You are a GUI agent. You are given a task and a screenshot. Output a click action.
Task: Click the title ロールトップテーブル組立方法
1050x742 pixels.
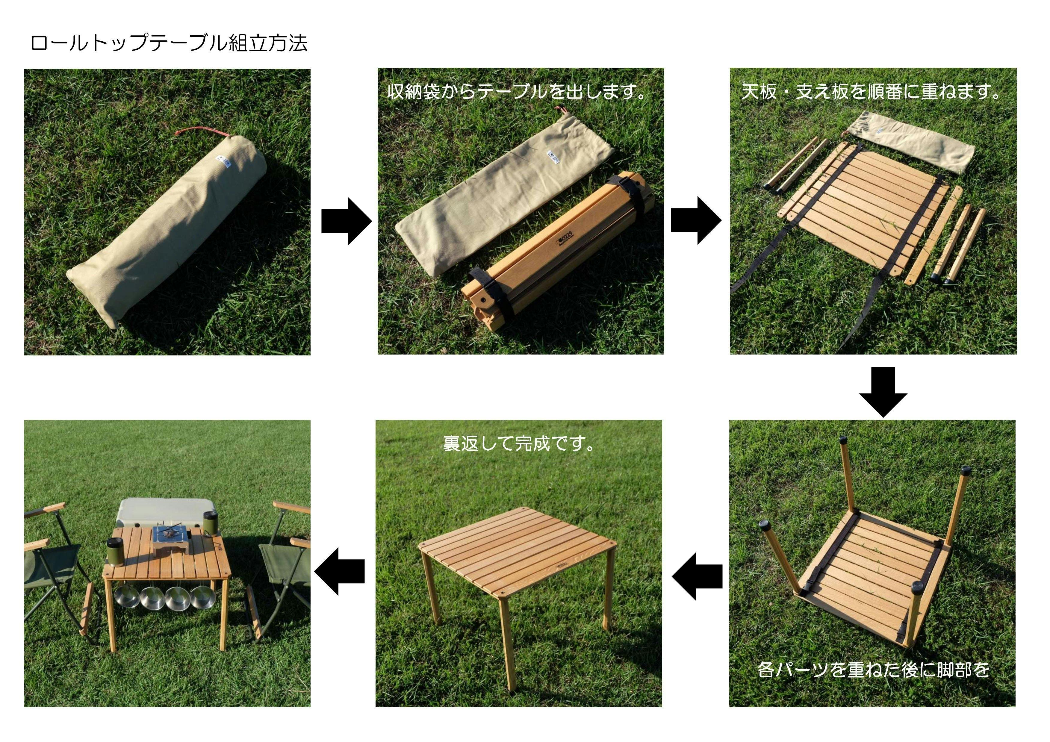click(x=169, y=43)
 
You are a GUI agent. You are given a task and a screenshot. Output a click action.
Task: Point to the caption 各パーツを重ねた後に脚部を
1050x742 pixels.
click(x=874, y=670)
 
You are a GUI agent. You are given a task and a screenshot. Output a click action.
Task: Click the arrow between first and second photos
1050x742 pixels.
click(x=346, y=221)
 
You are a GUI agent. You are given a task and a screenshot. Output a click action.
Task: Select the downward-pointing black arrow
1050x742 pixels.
click(x=883, y=392)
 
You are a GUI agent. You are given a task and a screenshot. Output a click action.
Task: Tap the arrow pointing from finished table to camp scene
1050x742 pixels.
click(x=339, y=572)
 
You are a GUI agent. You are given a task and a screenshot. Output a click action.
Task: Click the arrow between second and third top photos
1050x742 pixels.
click(x=696, y=220)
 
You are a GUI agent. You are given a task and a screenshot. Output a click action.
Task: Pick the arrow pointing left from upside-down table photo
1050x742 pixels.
click(x=697, y=576)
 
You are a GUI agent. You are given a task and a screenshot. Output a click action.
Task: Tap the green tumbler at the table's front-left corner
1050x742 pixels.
click(x=114, y=552)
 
